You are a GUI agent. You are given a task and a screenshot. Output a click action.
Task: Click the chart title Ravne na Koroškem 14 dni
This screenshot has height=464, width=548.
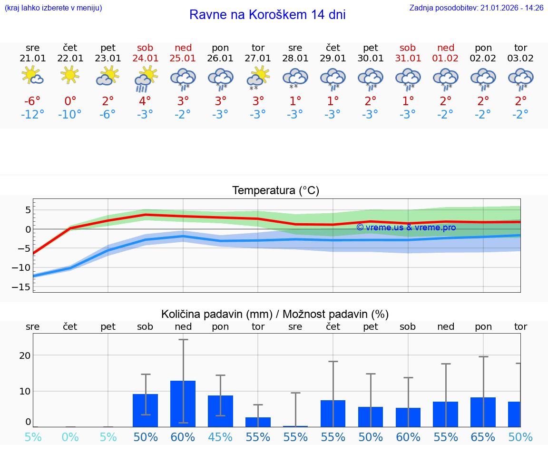(x=267, y=15)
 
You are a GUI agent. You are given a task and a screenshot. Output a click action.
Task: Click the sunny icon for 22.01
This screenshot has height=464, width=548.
(x=70, y=74)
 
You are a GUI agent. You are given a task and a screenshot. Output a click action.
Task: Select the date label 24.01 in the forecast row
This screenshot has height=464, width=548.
(x=145, y=58)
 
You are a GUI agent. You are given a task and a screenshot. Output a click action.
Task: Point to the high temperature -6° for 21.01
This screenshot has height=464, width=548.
(x=33, y=101)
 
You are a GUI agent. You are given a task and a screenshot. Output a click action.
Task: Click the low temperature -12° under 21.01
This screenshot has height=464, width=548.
(x=33, y=115)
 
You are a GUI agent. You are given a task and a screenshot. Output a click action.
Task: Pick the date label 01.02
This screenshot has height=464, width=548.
(x=446, y=58)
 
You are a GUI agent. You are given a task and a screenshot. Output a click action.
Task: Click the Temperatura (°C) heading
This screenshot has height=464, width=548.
(x=276, y=191)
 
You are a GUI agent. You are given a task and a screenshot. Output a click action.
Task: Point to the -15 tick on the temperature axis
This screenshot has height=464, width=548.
(x=24, y=287)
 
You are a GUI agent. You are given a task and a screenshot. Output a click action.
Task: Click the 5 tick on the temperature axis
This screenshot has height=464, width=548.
(x=28, y=210)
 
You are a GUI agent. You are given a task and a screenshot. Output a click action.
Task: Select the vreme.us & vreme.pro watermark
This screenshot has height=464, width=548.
(x=406, y=227)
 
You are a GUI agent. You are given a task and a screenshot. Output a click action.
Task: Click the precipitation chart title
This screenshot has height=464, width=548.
(x=275, y=314)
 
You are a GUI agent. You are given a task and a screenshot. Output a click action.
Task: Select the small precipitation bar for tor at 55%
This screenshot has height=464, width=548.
(x=258, y=422)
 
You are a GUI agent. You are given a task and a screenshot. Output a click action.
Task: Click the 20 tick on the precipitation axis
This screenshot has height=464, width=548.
(x=25, y=355)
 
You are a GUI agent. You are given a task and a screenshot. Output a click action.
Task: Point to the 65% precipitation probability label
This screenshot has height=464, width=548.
(x=483, y=437)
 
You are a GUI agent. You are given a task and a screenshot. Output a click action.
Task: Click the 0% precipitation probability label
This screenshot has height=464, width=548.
(x=70, y=437)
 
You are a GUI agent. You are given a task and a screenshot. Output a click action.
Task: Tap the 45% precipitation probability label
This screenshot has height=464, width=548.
(x=220, y=437)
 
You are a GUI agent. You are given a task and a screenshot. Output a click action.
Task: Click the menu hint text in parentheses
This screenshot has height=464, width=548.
(x=53, y=8)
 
